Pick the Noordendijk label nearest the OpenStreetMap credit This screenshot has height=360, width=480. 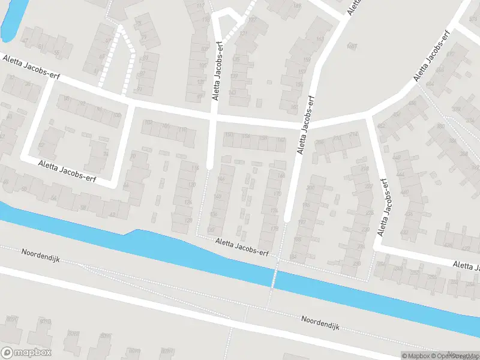point(321,322)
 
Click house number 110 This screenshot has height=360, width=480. point(183,129)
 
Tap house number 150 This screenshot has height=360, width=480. point(228,134)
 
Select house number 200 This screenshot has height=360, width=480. point(310,188)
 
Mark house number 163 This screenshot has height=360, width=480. point(319,40)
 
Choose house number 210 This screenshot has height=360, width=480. point(337,138)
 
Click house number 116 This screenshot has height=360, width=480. point(194,169)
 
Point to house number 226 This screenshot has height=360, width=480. point(369,212)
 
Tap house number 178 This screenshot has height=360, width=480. point(274,229)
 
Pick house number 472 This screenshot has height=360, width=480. point(381,126)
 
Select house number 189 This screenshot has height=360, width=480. point(297,6)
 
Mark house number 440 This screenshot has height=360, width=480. point(404,232)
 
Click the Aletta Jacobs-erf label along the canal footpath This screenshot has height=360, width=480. point(242,246)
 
